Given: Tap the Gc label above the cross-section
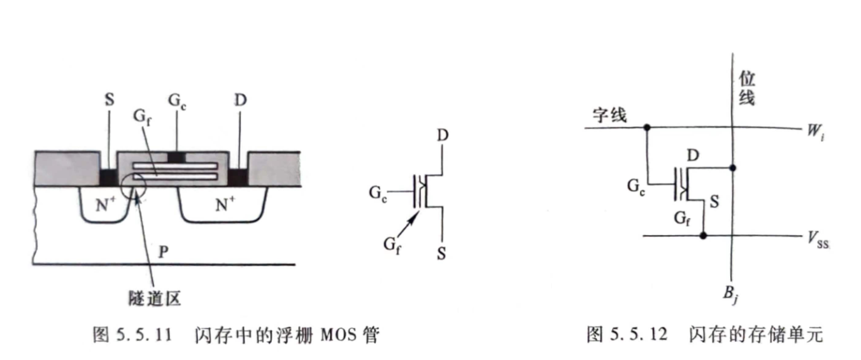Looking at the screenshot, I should click(x=177, y=100).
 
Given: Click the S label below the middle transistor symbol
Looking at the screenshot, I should click(x=442, y=254).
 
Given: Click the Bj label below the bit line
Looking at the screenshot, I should click(x=730, y=294).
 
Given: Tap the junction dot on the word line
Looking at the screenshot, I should click(x=647, y=127).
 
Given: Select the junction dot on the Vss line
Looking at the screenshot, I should click(x=703, y=236).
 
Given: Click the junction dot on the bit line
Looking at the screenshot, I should click(x=734, y=168).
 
